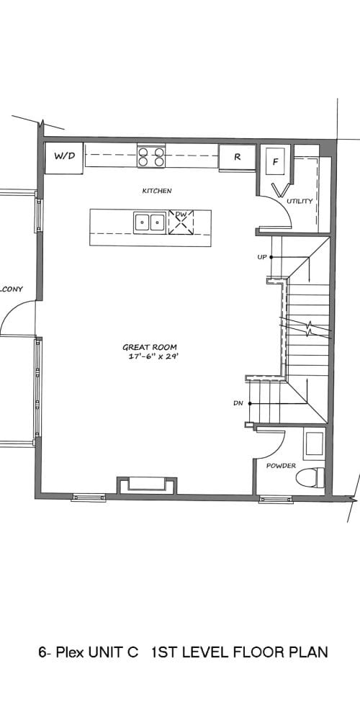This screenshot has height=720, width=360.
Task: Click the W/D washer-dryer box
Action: (x=64, y=158)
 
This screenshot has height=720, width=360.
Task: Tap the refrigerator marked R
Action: (x=237, y=158)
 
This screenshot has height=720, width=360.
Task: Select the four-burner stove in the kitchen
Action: (x=151, y=156)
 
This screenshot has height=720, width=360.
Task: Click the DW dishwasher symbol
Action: (x=181, y=222)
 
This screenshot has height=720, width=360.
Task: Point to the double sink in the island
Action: (x=150, y=222)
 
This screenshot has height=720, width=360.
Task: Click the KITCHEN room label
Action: (x=157, y=191)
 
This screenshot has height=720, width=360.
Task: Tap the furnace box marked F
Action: (x=276, y=161)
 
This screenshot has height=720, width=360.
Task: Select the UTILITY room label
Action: (x=300, y=201)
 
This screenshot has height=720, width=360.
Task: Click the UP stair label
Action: (x=262, y=257)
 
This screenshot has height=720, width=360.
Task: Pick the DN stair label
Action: (x=238, y=404)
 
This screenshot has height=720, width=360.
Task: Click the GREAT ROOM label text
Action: (x=150, y=348)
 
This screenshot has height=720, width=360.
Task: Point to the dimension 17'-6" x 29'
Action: (x=153, y=356)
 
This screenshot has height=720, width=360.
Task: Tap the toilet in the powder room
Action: (x=310, y=478)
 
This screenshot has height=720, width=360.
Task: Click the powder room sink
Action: (x=314, y=444)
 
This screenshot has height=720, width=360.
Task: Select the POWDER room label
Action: (x=281, y=466)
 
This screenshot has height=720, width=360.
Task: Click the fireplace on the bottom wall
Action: (x=147, y=485)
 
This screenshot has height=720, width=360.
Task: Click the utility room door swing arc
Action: (x=284, y=206)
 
